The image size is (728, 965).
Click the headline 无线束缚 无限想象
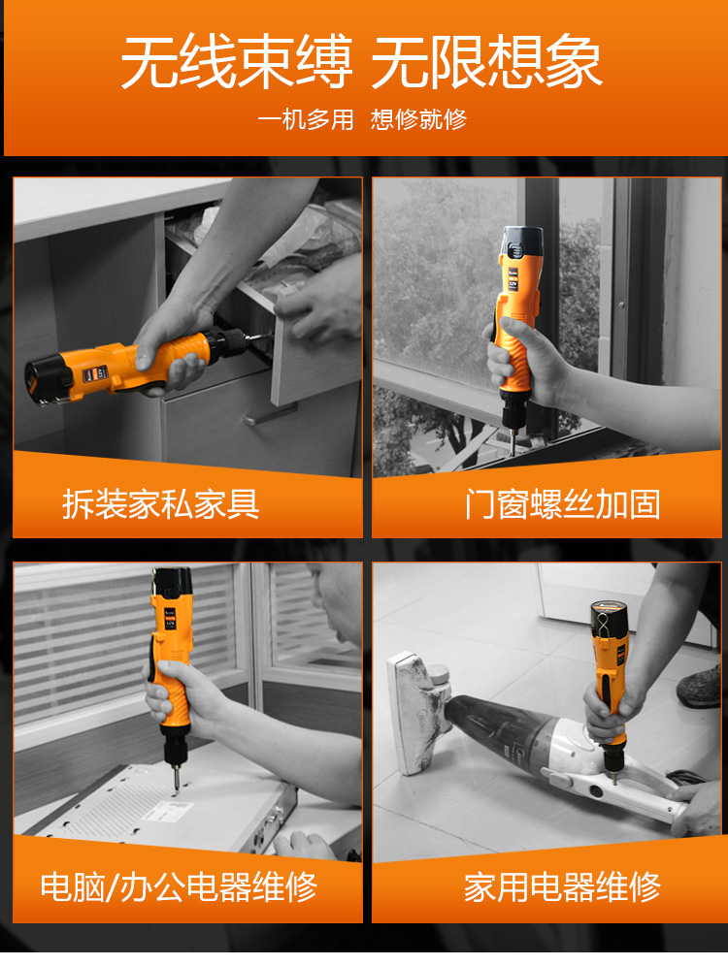361,61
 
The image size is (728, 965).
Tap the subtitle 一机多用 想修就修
361,119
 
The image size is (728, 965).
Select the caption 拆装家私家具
161,504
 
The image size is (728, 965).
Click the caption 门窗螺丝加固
562,504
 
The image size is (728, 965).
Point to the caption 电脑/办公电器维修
179,886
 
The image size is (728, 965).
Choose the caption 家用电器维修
562,886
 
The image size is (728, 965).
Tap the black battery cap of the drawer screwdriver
43,381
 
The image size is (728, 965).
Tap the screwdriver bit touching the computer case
176,777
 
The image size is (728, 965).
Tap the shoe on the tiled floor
700,687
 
